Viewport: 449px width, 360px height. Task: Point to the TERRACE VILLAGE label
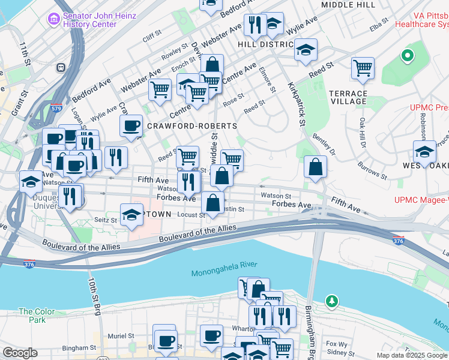(348, 98)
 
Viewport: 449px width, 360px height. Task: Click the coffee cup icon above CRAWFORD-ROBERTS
(131, 125)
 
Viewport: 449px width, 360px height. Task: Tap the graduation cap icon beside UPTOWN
(131, 215)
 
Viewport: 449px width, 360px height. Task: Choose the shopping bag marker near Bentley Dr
(315, 166)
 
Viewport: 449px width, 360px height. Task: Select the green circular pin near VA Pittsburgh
(408, 56)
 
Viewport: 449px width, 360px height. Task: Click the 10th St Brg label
(95, 296)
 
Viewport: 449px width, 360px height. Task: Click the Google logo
(20, 353)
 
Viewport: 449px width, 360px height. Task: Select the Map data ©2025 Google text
(411, 355)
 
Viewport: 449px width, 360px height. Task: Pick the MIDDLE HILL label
(349, 5)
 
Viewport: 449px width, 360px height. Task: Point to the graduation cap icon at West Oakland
(424, 151)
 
